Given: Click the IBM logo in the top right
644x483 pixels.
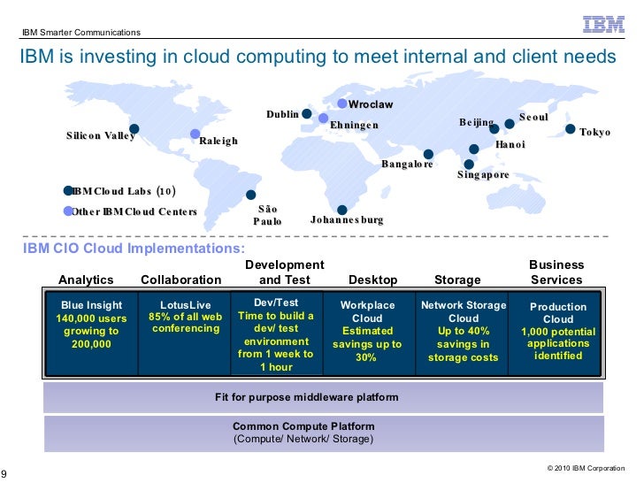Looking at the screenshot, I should click(603, 24).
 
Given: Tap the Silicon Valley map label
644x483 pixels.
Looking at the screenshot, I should click(100, 136).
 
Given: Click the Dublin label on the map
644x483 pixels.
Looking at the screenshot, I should click(282, 114).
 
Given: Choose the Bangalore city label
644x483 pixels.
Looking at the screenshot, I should click(406, 165).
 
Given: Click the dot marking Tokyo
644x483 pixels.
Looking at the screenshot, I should click(571, 129).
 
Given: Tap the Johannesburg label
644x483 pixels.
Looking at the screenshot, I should click(347, 218).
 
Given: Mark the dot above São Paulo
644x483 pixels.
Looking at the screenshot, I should click(250, 195).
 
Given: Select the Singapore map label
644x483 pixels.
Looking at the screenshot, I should click(483, 175).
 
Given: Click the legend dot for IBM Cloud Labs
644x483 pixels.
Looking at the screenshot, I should click(68, 190).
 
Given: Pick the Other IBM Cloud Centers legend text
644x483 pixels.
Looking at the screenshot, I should click(134, 212).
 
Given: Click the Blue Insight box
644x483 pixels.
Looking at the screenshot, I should click(91, 325).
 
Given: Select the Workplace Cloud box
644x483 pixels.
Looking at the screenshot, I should click(367, 331).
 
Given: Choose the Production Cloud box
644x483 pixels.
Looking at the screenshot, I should click(557, 331).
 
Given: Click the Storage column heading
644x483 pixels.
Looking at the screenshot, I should click(457, 280).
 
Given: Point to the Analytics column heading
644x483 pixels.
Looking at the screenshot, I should click(86, 280).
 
